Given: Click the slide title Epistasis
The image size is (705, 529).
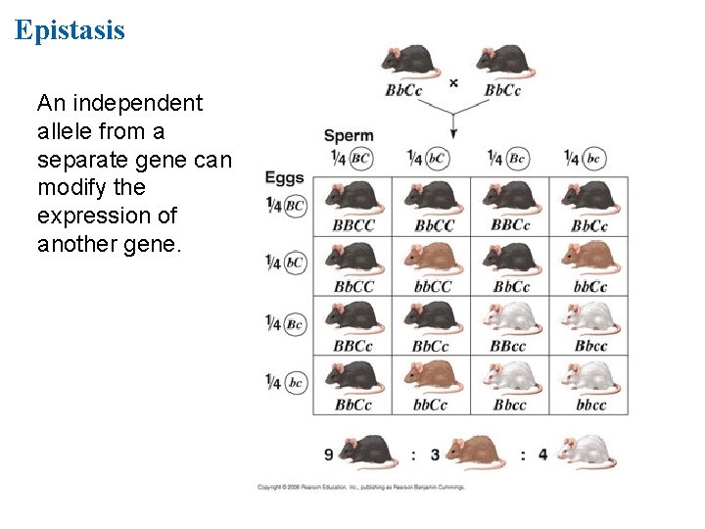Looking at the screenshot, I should pyautogui.click(x=70, y=29).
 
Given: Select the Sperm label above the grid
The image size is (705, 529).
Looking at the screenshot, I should pyautogui.click(x=349, y=135).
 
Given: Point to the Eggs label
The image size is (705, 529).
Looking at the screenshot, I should pyautogui.click(x=284, y=178).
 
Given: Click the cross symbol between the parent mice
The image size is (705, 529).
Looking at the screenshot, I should pyautogui.click(x=453, y=83).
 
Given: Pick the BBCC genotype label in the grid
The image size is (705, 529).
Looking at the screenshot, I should pyautogui.click(x=352, y=225).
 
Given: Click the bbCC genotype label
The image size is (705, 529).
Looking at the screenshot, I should pyautogui.click(x=432, y=287).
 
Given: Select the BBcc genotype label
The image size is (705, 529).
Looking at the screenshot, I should pyautogui.click(x=509, y=346).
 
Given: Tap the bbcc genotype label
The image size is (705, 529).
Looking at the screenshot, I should pyautogui.click(x=590, y=405).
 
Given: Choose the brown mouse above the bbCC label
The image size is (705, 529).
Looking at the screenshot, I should pyautogui.click(x=432, y=258).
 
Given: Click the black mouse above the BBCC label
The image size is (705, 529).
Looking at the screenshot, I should pyautogui.click(x=352, y=197).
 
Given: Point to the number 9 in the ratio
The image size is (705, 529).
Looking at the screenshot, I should pyautogui.click(x=330, y=454).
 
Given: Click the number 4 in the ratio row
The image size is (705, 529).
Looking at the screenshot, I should pyautogui.click(x=541, y=454).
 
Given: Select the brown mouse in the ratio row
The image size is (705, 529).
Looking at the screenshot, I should pyautogui.click(x=474, y=453).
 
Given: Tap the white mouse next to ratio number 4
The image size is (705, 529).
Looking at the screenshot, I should pyautogui.click(x=586, y=453).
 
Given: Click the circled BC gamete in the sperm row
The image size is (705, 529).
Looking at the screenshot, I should pyautogui.click(x=361, y=157).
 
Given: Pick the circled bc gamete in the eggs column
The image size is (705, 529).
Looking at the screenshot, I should pyautogui.click(x=295, y=383).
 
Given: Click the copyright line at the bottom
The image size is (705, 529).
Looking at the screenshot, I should pyautogui.click(x=360, y=486).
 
